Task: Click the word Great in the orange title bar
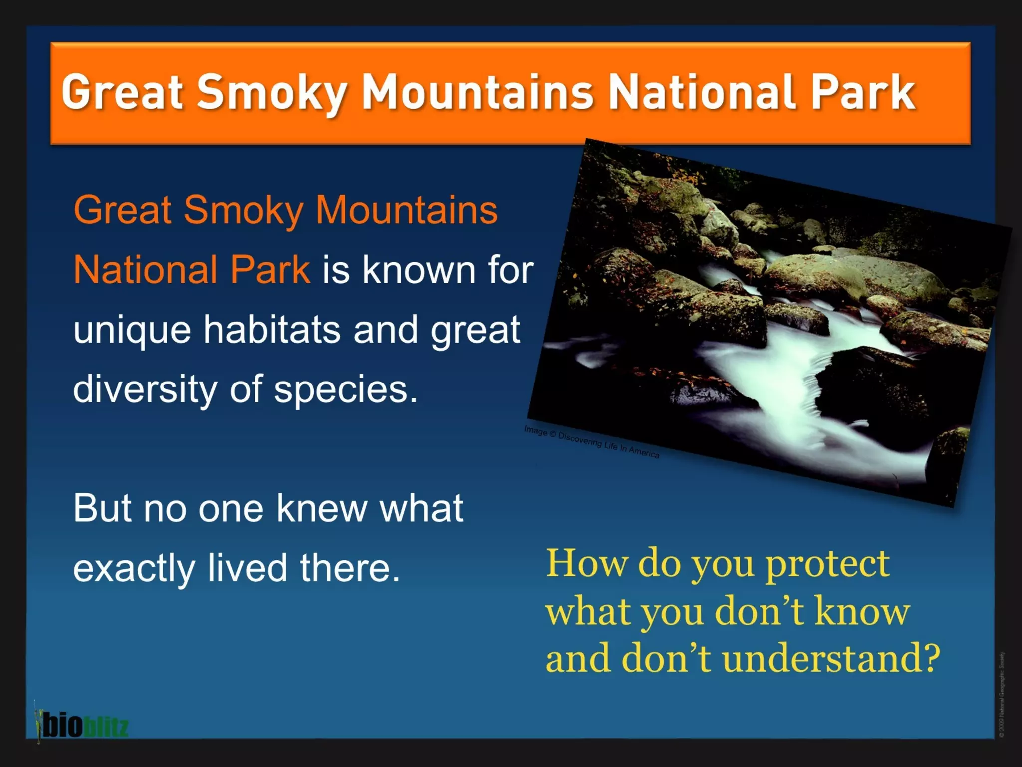pos(122,92)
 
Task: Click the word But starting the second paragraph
pos(102,508)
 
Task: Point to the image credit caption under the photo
pos(591,442)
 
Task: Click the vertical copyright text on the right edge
pos(1002,694)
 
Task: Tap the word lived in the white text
pos(248,568)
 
